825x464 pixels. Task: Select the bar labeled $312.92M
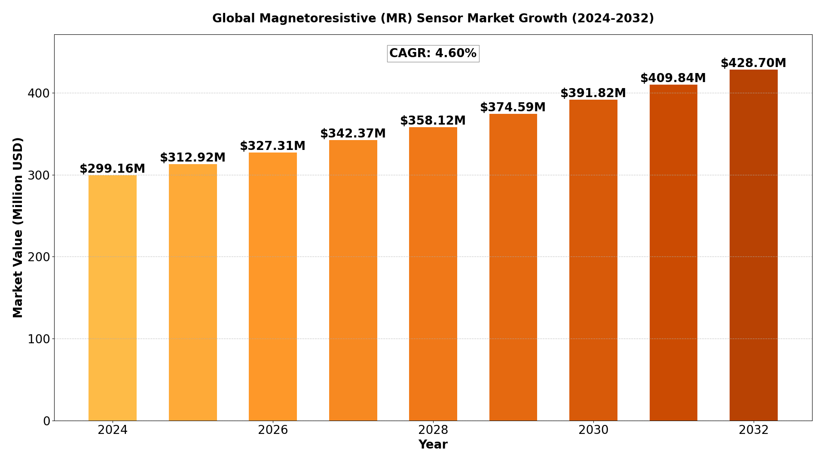193,292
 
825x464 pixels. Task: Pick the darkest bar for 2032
753,245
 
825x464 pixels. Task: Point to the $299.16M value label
113,169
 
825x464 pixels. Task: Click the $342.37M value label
353,134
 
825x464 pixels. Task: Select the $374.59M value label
513,107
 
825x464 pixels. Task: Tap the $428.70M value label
753,63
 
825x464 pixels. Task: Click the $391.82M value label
593,93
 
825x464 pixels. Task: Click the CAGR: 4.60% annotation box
433,54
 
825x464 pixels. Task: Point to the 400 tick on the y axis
39,93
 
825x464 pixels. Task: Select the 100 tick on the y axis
39,339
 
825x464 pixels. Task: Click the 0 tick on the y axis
46,421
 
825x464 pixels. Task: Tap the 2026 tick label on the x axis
273,430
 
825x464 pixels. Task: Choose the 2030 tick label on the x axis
593,430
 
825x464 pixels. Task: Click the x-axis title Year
433,445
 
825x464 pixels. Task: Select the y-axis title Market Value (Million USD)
18,227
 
